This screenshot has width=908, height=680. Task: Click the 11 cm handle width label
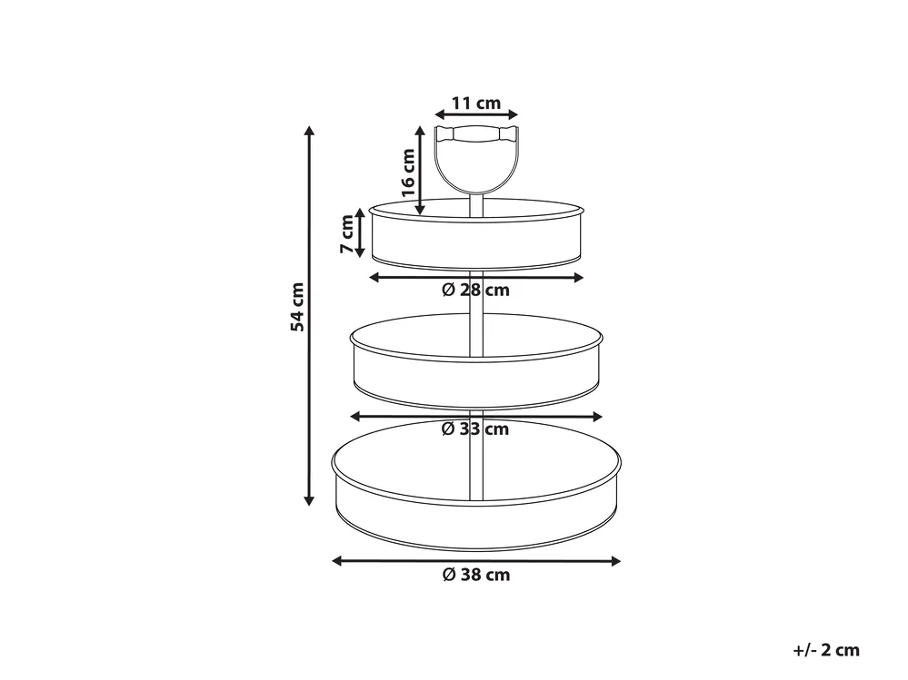(476, 103)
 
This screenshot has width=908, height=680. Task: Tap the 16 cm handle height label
(408, 172)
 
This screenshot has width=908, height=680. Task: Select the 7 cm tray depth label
(346, 233)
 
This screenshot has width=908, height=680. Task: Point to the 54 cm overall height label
(297, 307)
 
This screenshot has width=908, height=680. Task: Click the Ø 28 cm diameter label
(475, 290)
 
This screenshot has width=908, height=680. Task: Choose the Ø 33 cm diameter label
(474, 429)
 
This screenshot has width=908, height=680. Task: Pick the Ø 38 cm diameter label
(476, 575)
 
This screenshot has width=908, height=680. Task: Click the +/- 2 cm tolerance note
(826, 650)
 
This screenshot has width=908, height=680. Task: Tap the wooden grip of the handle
(476, 134)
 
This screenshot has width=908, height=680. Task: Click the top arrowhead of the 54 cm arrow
(310, 131)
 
